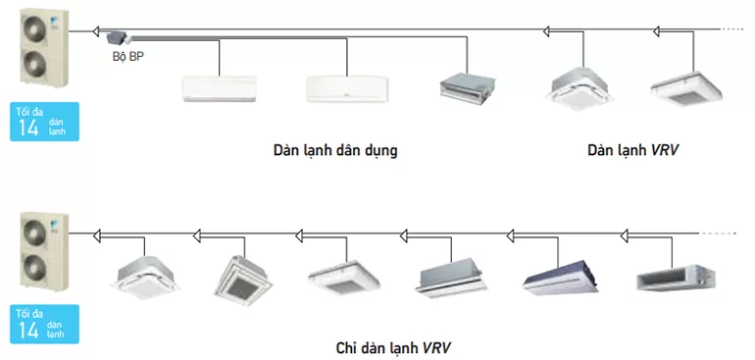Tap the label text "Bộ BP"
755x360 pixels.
coord(128,56)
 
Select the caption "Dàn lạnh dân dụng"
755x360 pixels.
coord(335,150)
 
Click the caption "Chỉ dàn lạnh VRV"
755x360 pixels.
coord(394,347)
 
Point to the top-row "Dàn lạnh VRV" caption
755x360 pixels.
coord(632,150)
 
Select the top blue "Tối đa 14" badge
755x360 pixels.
coord(44,122)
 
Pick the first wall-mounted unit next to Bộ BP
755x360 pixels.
coord(219,88)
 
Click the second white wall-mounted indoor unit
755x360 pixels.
coord(347,89)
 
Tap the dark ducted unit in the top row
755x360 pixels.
coord(468,88)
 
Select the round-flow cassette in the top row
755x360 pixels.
coord(581,88)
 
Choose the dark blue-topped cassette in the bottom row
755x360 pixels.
coord(561,277)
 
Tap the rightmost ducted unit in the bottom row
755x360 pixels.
coord(676,278)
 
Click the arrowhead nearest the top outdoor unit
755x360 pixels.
coord(97,31)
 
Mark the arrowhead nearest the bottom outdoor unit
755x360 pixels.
coord(97,235)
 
